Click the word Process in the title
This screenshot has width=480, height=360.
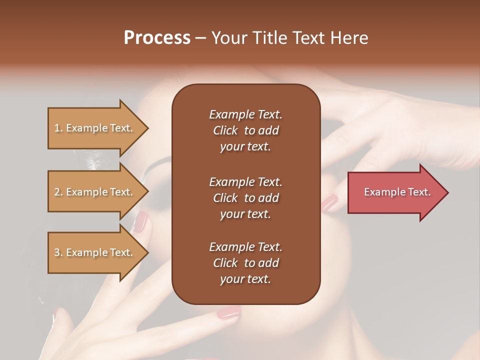157,38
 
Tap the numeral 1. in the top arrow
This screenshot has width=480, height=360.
58,128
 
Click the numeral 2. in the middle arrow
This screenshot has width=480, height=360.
58,192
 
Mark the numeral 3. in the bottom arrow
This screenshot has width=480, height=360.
58,252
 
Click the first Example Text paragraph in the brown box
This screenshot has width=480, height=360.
245,130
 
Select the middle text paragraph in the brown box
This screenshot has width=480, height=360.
245,198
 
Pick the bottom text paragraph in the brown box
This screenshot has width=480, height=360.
245,263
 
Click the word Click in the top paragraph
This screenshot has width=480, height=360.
225,130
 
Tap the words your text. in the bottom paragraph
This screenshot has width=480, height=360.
245,279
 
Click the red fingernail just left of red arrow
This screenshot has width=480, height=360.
329,202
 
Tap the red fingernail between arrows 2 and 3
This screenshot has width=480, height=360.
140,221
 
